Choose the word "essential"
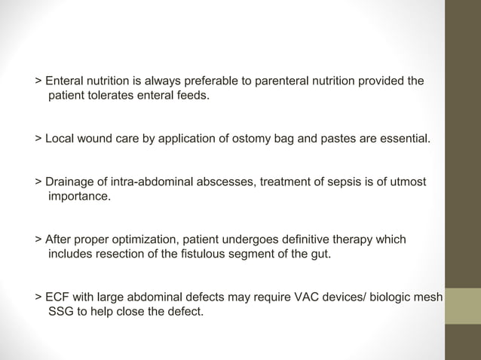402,139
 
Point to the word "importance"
78,197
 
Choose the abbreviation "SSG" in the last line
62,313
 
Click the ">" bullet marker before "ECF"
38,297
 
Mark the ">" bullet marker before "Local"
38,139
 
